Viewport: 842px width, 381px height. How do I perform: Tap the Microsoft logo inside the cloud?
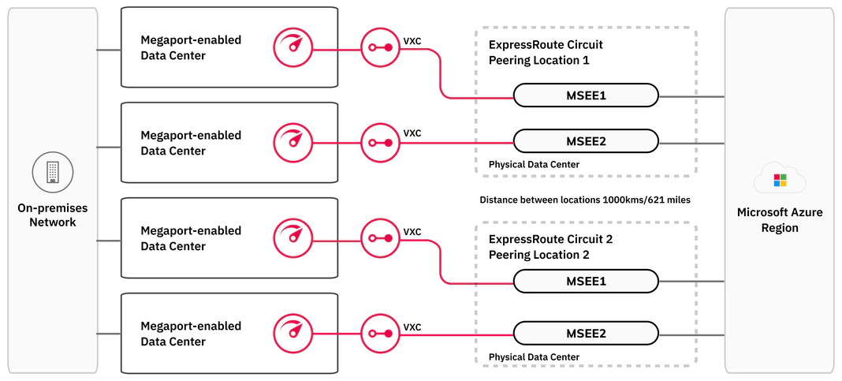pyautogui.click(x=779, y=180)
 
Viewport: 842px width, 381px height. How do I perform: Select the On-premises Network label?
pyautogui.click(x=53, y=215)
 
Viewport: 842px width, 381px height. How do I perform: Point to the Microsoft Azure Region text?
pyautogui.click(x=779, y=220)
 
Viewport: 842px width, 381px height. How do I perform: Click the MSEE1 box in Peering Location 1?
pyautogui.click(x=586, y=95)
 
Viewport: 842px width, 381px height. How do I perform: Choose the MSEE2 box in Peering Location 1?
pyautogui.click(x=586, y=142)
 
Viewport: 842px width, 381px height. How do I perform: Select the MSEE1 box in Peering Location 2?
pyautogui.click(x=586, y=282)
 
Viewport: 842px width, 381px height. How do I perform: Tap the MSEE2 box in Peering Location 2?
pyautogui.click(x=586, y=333)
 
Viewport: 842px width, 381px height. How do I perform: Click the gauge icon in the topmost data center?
pyautogui.click(x=292, y=47)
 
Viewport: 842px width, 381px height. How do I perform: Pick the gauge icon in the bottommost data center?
pyautogui.click(x=292, y=334)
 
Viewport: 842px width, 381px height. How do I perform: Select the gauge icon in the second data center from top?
pyautogui.click(x=292, y=143)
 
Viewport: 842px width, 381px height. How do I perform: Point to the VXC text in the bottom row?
pyautogui.click(x=412, y=327)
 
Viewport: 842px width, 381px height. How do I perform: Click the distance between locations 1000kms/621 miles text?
pyautogui.click(x=585, y=200)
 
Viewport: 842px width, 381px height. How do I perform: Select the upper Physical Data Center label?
pyautogui.click(x=534, y=164)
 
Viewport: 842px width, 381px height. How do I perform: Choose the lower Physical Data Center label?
pyautogui.click(x=534, y=357)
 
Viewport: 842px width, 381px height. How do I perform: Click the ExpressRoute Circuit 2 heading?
pyautogui.click(x=550, y=239)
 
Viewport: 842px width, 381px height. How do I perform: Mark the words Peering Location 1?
pyautogui.click(x=539, y=60)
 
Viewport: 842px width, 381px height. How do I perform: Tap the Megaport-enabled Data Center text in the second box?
pyautogui.click(x=191, y=143)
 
